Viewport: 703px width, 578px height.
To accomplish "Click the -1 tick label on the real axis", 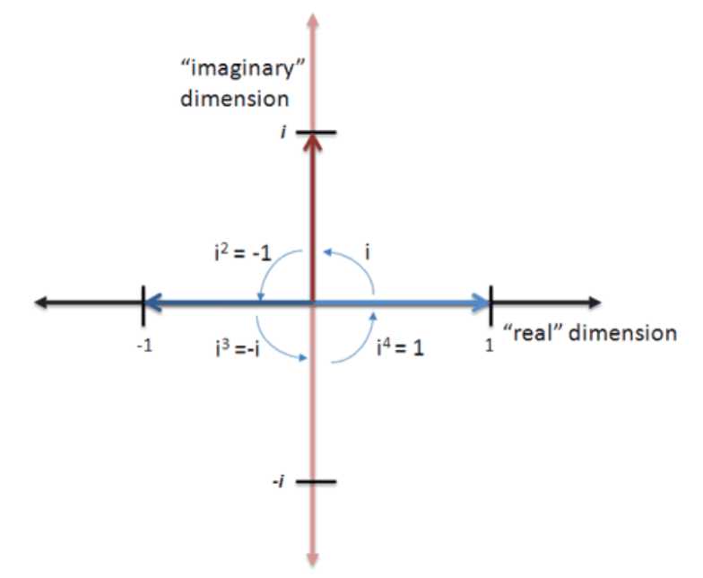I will click(144, 346).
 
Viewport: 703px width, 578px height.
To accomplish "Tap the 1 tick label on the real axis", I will click(490, 345).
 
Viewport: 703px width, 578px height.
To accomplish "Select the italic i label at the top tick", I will click(283, 133).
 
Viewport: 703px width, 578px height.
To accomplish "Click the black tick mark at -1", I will click(143, 306).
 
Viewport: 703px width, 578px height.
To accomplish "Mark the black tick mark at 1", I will click(490, 306).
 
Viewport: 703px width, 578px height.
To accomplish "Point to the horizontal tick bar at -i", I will click(317, 481).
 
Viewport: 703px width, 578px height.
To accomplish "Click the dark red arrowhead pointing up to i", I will click(312, 141).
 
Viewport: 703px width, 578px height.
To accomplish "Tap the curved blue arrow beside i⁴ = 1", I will click(360, 341).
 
